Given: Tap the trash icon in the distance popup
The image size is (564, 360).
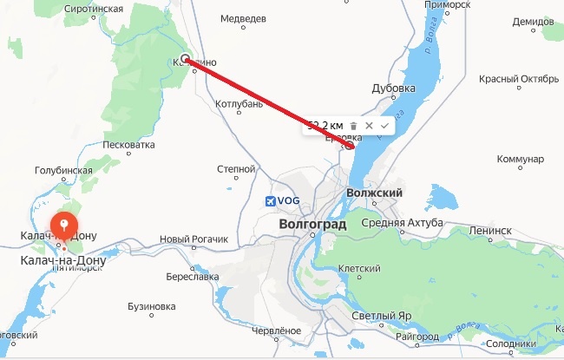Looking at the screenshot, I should [354, 126].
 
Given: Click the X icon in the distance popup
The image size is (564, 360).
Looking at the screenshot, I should [370, 126].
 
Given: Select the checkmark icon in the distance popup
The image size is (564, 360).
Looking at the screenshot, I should [384, 126].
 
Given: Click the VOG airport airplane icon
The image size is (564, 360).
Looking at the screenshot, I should [272, 201].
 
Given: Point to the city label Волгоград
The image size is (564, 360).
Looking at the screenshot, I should [313, 224].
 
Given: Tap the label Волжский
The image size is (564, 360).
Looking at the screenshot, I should [375, 193].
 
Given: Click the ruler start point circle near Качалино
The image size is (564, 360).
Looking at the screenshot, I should [186, 59].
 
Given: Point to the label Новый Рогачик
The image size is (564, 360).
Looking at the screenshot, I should [193, 239].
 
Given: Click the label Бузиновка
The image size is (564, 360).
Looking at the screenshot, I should [151, 307].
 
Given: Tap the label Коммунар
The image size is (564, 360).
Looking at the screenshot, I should [521, 160].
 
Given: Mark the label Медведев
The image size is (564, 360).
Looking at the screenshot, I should [242, 18].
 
